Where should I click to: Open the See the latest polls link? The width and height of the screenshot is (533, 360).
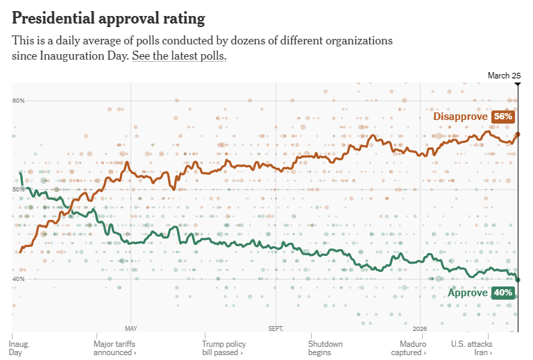pos(179,56)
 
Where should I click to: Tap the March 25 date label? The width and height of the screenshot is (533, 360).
pos(504,76)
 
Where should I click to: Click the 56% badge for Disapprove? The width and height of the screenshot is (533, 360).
pos(503,117)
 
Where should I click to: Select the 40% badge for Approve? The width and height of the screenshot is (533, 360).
pos(503,293)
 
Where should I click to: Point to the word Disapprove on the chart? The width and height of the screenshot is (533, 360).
pos(460,117)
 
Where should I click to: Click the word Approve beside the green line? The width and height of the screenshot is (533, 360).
pos(467,293)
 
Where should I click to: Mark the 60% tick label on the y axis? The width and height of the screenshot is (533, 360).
pos(19,101)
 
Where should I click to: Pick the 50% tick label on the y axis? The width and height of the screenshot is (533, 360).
pos(19,189)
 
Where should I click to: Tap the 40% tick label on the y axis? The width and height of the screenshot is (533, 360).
pos(19,279)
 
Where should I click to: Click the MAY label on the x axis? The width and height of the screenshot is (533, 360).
pos(130,328)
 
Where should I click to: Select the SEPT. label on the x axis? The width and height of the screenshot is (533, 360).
pos(276,328)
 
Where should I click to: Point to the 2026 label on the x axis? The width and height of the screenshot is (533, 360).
pos(420,328)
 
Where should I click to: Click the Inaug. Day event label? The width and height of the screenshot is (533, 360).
pos(20,348)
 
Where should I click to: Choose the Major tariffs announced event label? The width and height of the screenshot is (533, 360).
pos(115,348)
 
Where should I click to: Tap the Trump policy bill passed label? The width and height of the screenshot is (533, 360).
pos(223,348)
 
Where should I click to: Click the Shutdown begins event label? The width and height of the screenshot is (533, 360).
pos(325,348)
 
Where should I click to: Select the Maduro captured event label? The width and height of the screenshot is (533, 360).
pos(414,348)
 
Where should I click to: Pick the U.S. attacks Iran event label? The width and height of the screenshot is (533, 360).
pos(471,348)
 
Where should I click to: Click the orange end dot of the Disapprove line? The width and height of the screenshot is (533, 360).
pos(518,134)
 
